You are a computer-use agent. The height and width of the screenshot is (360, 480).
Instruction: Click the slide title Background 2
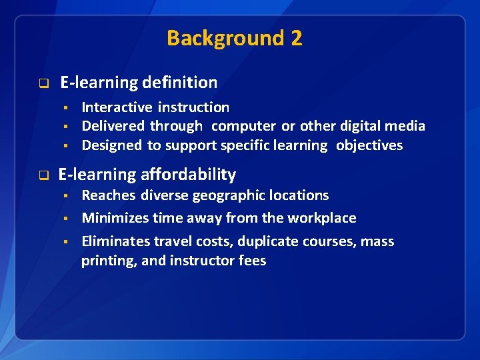coord(234,38)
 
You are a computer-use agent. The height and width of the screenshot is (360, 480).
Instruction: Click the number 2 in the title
coord(296,38)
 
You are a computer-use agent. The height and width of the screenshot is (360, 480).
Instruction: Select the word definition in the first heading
coord(179,83)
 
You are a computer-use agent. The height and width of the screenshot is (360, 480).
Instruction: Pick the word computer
coord(243,126)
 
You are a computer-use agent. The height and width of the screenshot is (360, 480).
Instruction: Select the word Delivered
coord(113,126)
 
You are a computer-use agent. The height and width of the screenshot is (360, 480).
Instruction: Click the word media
coord(406,126)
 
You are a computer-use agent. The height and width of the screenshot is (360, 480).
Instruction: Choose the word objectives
coord(369,145)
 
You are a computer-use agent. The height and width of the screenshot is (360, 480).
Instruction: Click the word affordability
coord(188,175)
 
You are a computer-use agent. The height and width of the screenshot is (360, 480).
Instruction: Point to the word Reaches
coord(108,195)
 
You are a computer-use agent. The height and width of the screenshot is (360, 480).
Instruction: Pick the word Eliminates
coord(115,241)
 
